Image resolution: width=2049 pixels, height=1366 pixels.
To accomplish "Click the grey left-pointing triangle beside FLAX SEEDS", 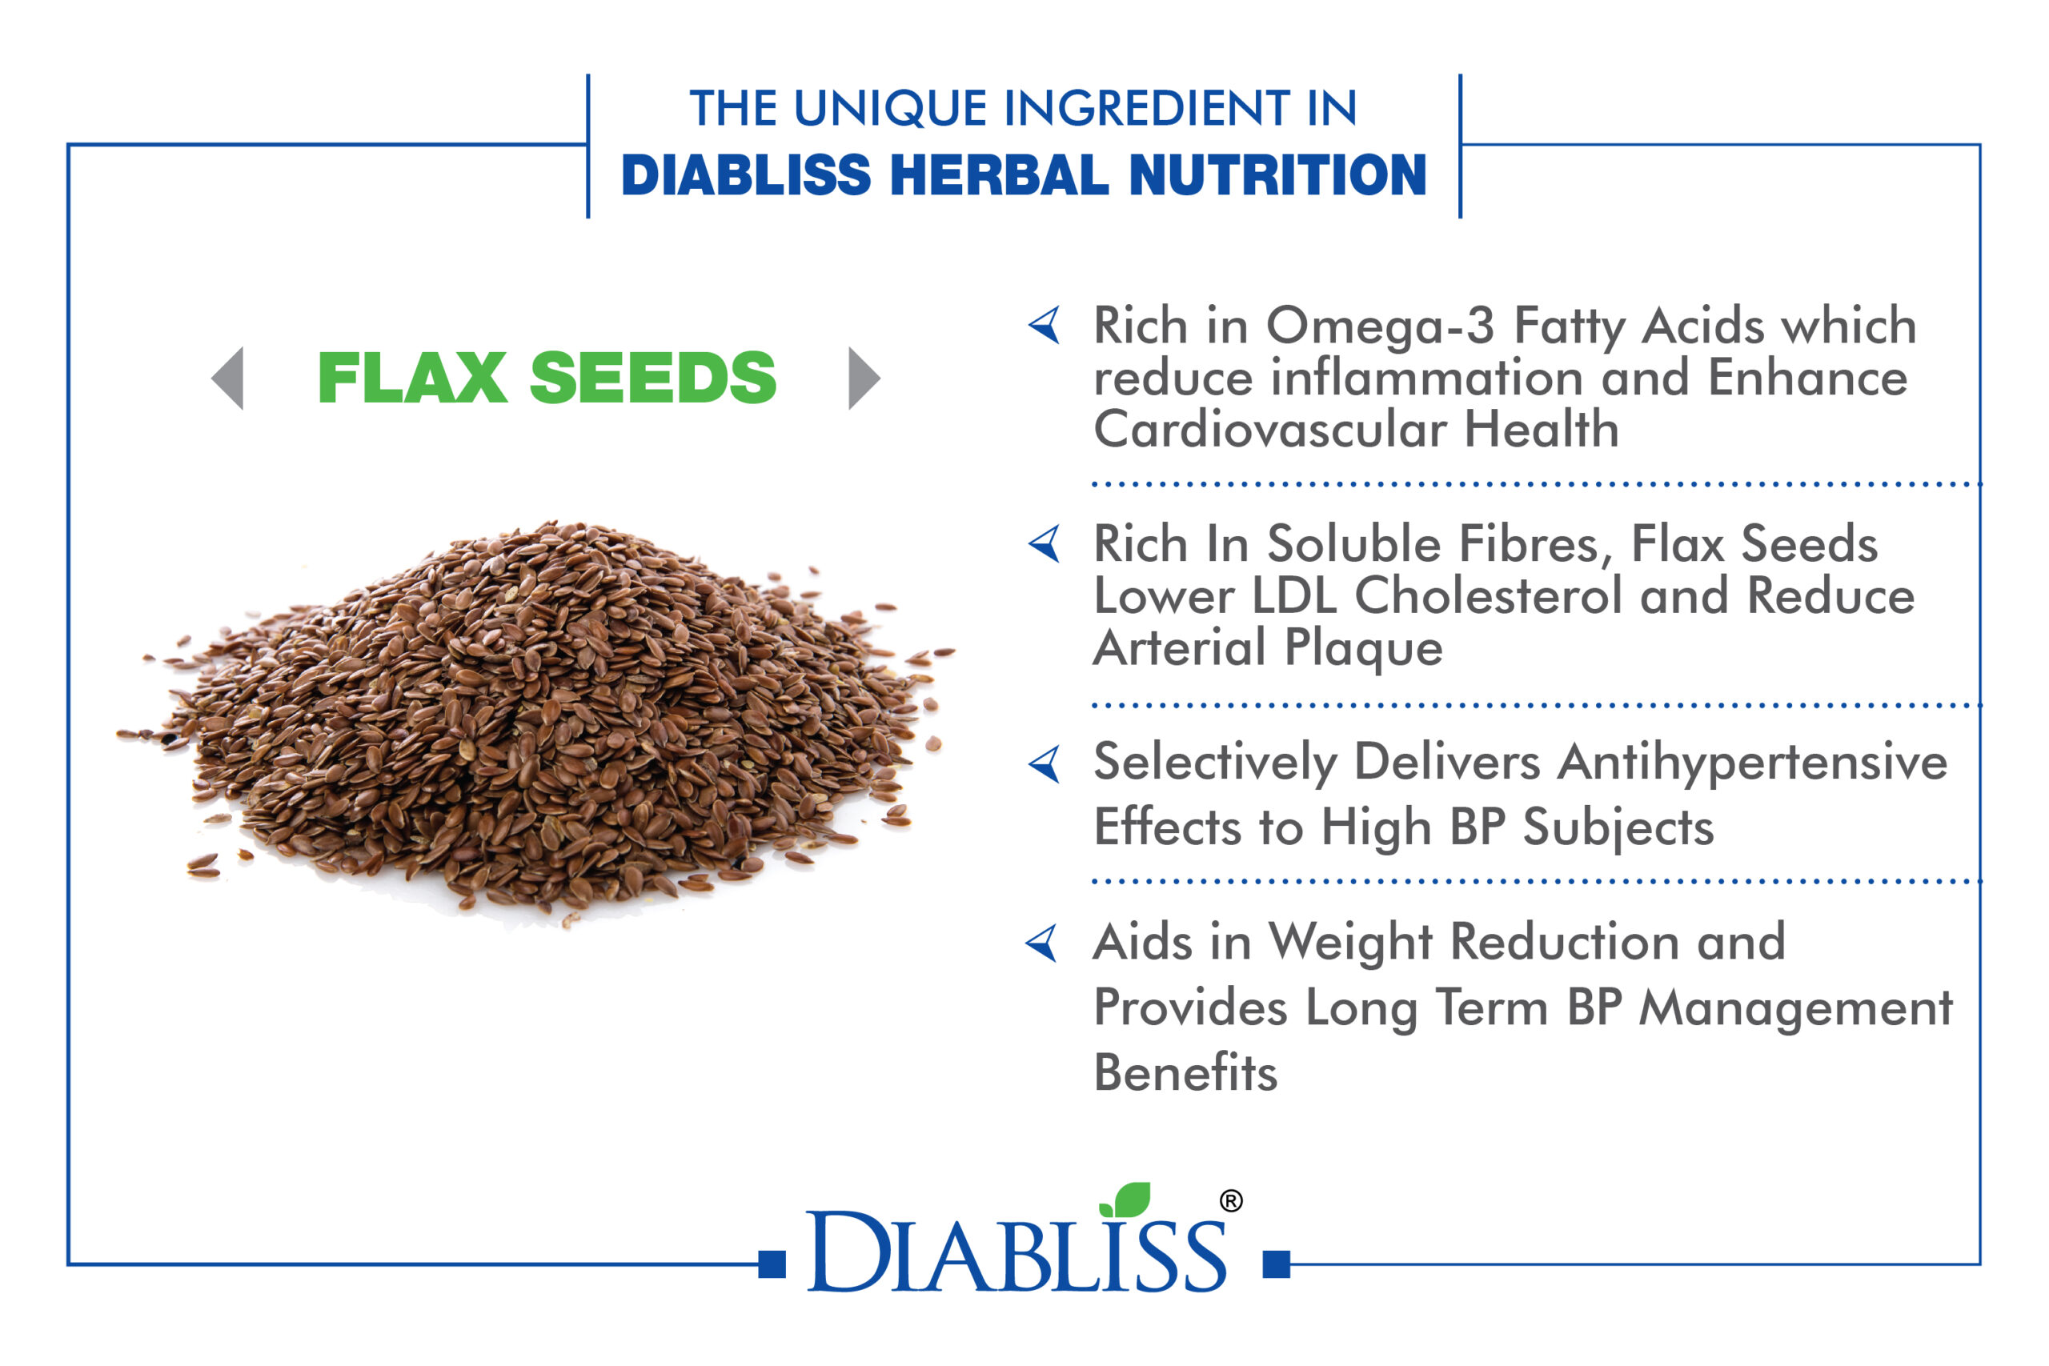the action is [x=228, y=378].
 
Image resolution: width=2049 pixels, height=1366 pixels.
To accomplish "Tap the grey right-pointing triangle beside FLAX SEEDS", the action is [x=864, y=378].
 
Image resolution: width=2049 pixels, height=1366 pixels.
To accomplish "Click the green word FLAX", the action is [x=412, y=378].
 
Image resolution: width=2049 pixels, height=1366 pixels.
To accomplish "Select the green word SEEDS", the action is [x=652, y=378].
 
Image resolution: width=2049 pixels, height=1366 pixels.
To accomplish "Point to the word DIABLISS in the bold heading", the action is [x=746, y=175].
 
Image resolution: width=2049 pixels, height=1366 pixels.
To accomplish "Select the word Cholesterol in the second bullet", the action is [x=1488, y=596].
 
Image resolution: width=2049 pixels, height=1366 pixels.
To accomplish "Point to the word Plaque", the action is [x=1363, y=650].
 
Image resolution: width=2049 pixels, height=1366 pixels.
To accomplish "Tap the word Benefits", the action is [x=1185, y=1072].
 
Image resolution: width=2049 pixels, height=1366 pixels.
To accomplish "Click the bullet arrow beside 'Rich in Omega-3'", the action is [x=1045, y=325].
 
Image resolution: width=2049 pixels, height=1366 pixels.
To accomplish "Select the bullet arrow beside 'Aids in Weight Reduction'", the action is [x=1042, y=943].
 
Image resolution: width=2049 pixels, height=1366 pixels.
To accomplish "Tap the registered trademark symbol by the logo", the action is [x=1231, y=1201].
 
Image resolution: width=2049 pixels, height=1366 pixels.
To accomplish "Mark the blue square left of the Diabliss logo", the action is [x=772, y=1264].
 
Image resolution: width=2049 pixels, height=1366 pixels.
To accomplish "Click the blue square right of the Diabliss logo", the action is [x=1277, y=1264].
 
